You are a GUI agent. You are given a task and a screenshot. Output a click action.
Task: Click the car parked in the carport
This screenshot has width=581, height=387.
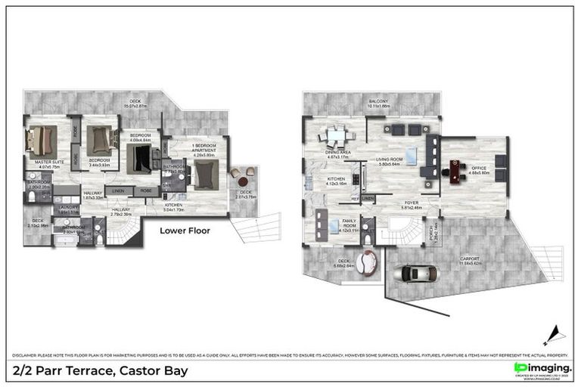(x=414, y=274)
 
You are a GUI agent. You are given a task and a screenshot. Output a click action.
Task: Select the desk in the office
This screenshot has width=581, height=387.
(x=455, y=170)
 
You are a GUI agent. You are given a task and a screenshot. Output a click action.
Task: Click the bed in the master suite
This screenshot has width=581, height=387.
(x=41, y=141)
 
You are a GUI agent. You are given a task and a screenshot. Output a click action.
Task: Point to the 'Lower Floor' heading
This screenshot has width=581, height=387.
(x=185, y=231)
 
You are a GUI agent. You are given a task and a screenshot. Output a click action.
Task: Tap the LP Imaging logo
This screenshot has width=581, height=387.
(x=542, y=368)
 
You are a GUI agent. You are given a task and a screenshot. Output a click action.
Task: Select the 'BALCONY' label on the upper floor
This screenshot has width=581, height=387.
(x=378, y=101)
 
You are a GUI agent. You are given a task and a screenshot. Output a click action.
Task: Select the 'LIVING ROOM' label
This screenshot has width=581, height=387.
(x=391, y=159)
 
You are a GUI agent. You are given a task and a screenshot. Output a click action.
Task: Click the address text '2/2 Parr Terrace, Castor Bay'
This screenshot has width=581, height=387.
(x=101, y=371)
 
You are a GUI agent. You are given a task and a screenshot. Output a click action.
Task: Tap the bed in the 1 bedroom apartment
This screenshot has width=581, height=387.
(x=203, y=175)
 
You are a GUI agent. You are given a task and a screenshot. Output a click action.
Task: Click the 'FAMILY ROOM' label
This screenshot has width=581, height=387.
(x=333, y=225)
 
